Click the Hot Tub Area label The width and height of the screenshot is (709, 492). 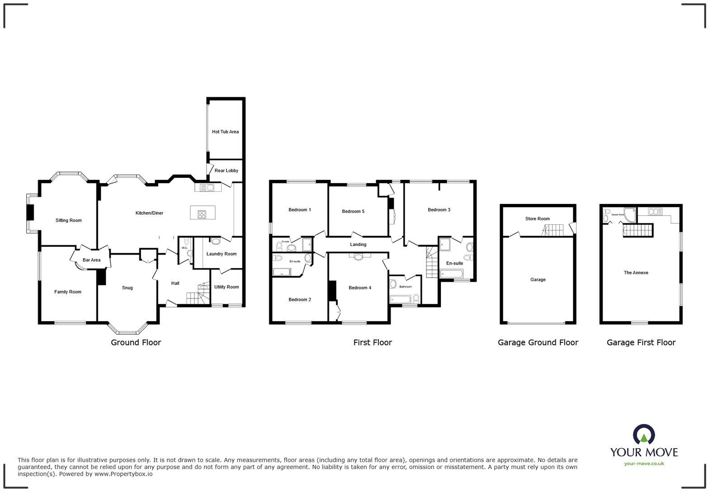pyautogui.click(x=225, y=132)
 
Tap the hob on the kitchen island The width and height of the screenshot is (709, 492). pyautogui.click(x=202, y=214)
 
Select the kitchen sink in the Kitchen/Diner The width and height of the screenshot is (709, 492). pyautogui.click(x=208, y=187)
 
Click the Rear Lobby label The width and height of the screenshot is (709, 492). pyautogui.click(x=226, y=170)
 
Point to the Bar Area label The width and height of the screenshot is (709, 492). pyautogui.click(x=91, y=260)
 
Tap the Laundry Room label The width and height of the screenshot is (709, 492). pyautogui.click(x=221, y=254)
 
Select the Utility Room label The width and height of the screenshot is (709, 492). pyautogui.click(x=226, y=287)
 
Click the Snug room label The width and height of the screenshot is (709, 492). pyautogui.click(x=127, y=288)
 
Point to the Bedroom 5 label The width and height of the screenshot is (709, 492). pyautogui.click(x=353, y=211)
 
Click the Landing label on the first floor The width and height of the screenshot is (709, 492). pyautogui.click(x=358, y=245)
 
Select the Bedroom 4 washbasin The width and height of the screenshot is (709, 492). pyautogui.click(x=359, y=257)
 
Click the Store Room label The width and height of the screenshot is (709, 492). pyautogui.click(x=537, y=219)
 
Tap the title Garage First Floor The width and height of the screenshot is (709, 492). pyautogui.click(x=641, y=343)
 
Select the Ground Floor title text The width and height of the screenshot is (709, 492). pyautogui.click(x=136, y=343)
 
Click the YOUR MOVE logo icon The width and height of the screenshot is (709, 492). pyautogui.click(x=644, y=435)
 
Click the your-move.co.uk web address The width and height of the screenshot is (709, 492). pyautogui.click(x=644, y=463)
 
